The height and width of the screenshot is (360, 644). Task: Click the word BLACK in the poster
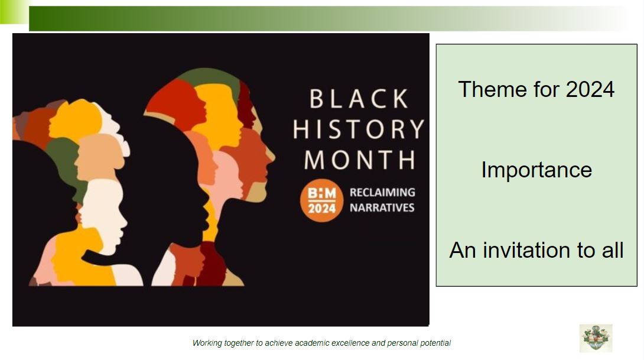(x=359, y=99)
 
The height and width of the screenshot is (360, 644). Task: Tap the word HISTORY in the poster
(x=359, y=129)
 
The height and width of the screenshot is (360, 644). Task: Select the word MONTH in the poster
(x=359, y=160)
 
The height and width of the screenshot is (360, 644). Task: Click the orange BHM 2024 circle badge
(x=321, y=200)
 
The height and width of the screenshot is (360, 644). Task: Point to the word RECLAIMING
(x=382, y=192)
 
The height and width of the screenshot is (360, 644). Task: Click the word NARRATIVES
(x=382, y=207)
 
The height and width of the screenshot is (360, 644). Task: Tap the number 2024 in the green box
(x=590, y=89)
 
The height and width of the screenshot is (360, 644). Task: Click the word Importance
(x=536, y=170)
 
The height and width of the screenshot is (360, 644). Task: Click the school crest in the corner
(x=596, y=338)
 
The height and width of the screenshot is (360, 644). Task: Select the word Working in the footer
(x=207, y=343)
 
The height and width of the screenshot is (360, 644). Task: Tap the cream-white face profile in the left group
(x=103, y=214)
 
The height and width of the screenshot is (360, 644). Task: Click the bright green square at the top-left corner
(x=14, y=11)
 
